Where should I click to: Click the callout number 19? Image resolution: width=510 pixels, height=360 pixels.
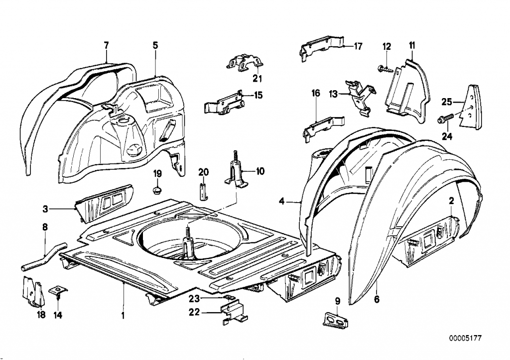(157, 174)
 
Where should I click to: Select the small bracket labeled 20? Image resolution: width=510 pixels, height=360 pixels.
(202, 191)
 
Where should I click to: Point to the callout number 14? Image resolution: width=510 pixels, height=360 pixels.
(59, 315)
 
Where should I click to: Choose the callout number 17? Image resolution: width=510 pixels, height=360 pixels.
(358, 46)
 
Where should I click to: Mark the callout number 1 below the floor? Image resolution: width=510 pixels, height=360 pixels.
(123, 315)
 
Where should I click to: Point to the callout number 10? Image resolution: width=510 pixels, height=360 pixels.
(260, 171)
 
